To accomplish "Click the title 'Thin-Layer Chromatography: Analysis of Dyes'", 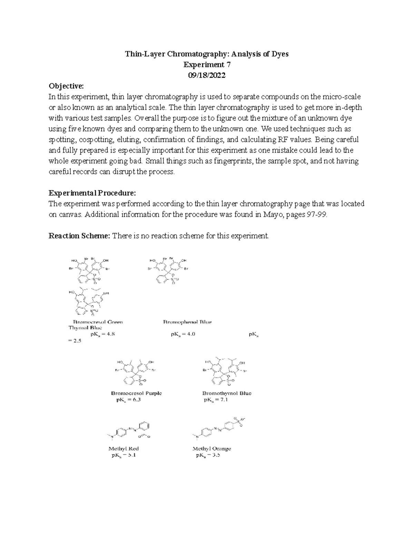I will (x=207, y=54).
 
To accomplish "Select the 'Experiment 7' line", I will (x=207, y=65).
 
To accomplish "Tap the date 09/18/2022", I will (x=207, y=75).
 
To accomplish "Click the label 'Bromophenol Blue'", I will (x=187, y=322).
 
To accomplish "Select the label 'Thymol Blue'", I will (x=85, y=328).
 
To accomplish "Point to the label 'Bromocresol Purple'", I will (x=136, y=393).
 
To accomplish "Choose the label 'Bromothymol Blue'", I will (x=227, y=393).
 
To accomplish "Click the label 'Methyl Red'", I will (x=124, y=449).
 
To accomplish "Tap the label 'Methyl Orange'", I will (x=212, y=449).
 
